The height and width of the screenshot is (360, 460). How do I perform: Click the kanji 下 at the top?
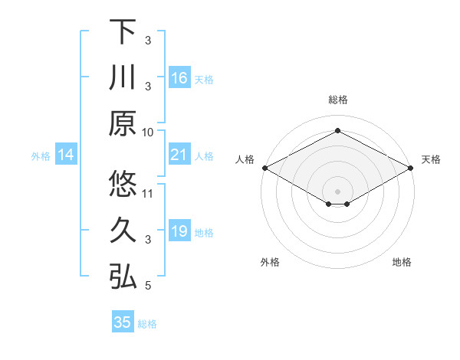(123, 31)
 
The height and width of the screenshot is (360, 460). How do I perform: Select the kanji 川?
(123, 77)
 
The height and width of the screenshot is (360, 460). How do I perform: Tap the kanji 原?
(123, 123)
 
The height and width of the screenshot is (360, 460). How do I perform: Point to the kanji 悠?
(123, 185)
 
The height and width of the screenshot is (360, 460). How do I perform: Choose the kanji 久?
(123, 231)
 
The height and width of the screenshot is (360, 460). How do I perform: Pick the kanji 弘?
(123, 277)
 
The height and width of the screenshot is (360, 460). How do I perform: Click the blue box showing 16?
(179, 78)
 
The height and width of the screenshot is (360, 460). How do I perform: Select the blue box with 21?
(179, 155)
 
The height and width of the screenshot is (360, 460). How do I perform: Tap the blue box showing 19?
(179, 232)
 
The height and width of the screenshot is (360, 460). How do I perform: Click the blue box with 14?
(66, 155)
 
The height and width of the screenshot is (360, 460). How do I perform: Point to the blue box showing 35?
(122, 322)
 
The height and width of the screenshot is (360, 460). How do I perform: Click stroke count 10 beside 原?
(148, 131)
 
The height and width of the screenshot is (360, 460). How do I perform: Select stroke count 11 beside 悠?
(148, 192)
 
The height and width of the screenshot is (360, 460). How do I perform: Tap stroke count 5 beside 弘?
(148, 286)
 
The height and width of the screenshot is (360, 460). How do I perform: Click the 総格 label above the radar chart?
(338, 100)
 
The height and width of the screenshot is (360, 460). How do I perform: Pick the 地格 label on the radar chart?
(402, 263)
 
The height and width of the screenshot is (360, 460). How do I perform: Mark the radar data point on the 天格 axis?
(412, 168)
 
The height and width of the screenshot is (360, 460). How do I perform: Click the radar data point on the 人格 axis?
(264, 168)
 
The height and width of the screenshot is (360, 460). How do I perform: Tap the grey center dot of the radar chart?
(338, 191)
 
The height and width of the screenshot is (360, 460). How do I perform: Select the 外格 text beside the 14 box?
(41, 156)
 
